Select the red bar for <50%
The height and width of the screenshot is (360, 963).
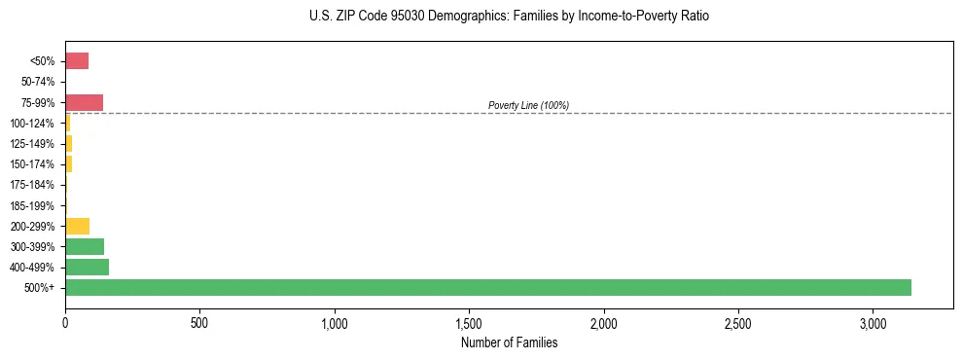[77, 61]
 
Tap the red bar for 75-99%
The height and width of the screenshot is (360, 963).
[84, 102]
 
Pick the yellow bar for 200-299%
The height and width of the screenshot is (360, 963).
[77, 226]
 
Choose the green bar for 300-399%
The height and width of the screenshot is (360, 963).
[85, 246]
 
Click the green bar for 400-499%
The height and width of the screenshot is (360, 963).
[87, 267]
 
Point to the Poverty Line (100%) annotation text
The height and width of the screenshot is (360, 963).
[528, 105]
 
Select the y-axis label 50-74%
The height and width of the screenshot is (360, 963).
[38, 82]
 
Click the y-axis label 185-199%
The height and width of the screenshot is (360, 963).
[33, 205]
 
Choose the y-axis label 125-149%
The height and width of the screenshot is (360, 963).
[33, 144]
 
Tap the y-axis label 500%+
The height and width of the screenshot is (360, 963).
[41, 288]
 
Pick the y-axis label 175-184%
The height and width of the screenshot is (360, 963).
[33, 185]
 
